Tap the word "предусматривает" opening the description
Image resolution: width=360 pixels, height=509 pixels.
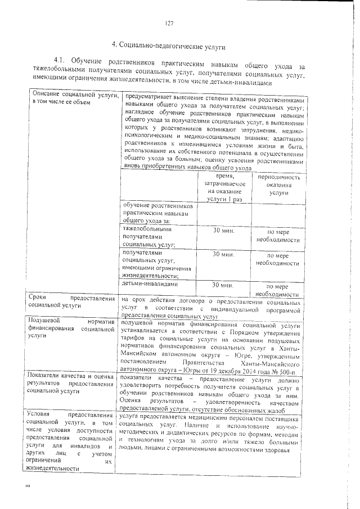click(x=149, y=93)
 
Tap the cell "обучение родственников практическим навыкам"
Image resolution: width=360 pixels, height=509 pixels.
click(x=158, y=213)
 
